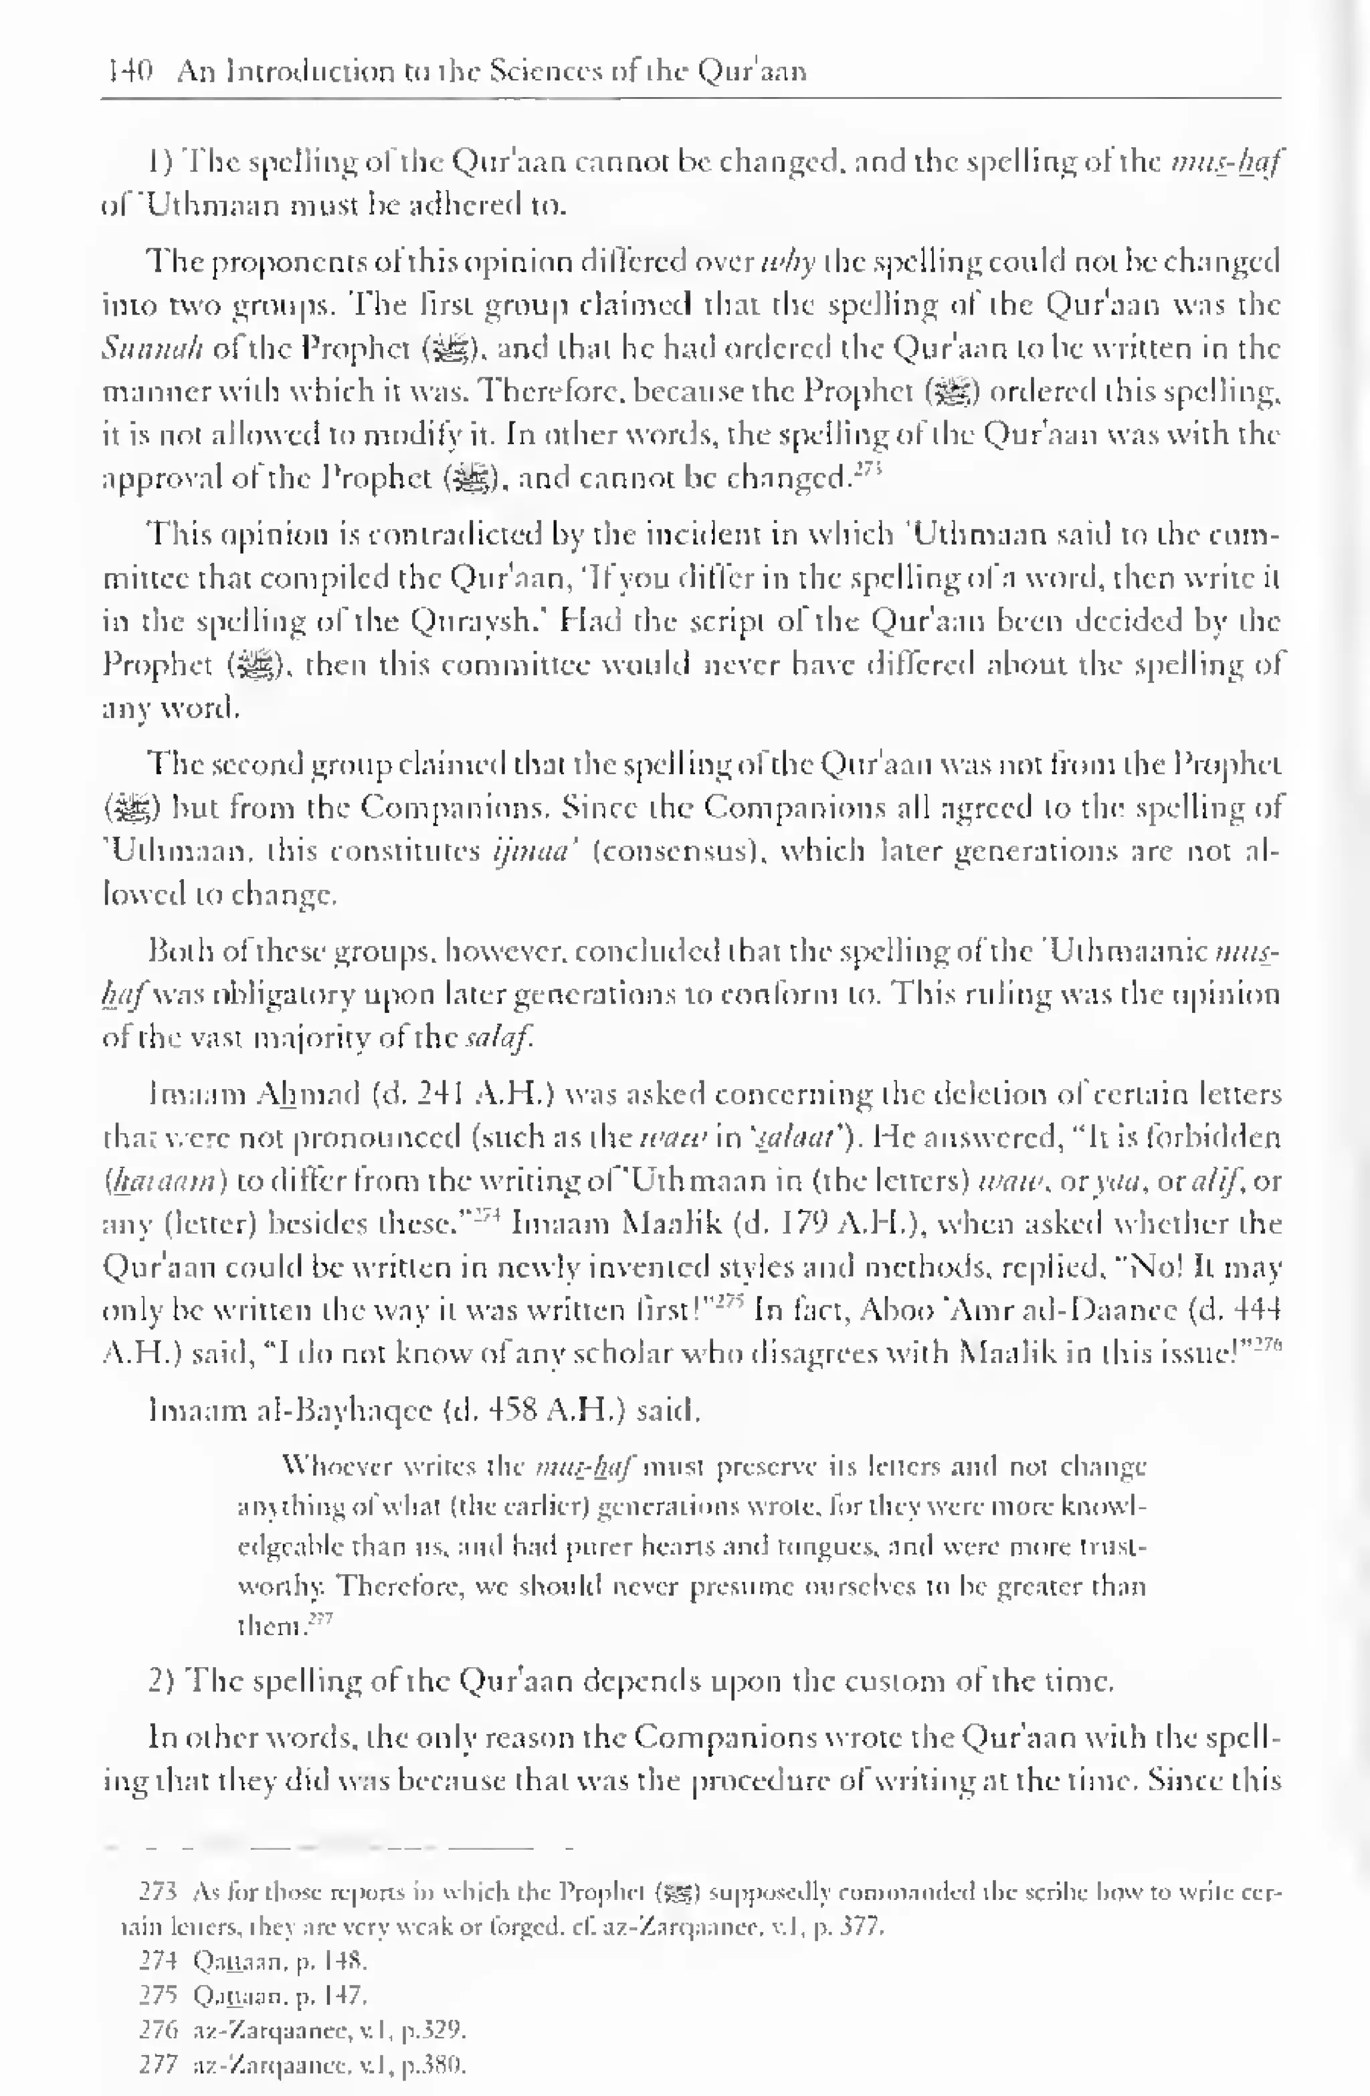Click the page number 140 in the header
point(128,70)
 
